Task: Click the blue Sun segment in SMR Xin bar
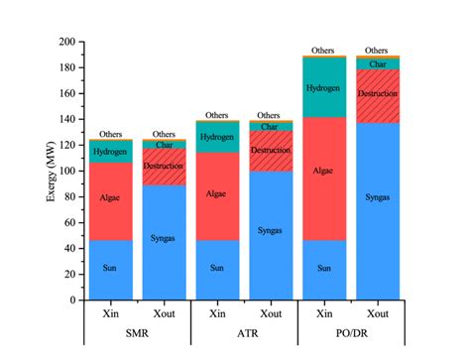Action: point(110,269)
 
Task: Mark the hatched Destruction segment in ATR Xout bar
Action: point(270,151)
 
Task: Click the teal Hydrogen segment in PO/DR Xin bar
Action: point(322,87)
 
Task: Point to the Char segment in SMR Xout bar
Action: point(164,145)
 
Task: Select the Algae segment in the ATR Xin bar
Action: point(216,195)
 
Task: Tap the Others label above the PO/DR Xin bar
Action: point(322,50)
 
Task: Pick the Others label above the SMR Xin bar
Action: point(110,134)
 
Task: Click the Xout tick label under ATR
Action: point(270,314)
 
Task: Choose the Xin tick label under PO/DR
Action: point(322,314)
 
